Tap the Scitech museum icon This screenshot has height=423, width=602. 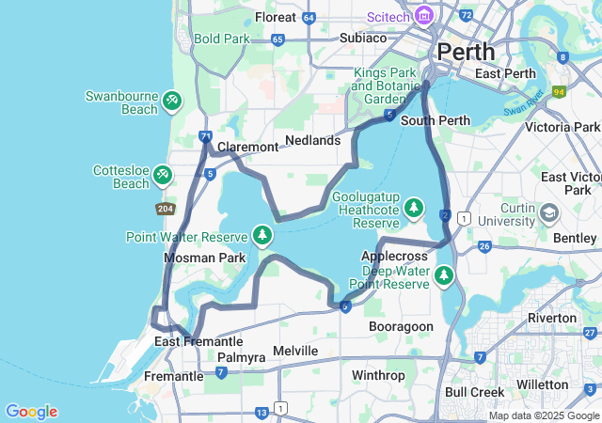coord(423,16)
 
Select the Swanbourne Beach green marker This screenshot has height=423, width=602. coord(171,100)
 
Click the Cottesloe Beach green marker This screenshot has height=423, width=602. coord(163,174)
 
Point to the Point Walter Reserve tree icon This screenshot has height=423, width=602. coord(262,235)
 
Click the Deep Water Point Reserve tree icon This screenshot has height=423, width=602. coord(443,275)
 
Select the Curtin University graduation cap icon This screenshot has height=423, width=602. coord(547,215)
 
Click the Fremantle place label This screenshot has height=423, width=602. coord(173,376)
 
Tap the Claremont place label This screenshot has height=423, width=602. coord(247,147)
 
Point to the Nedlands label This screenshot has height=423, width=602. coord(312,140)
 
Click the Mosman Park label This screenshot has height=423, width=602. coord(204,258)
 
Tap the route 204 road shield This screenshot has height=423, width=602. coord(165,209)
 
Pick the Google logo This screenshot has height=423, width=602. coord(31,412)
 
